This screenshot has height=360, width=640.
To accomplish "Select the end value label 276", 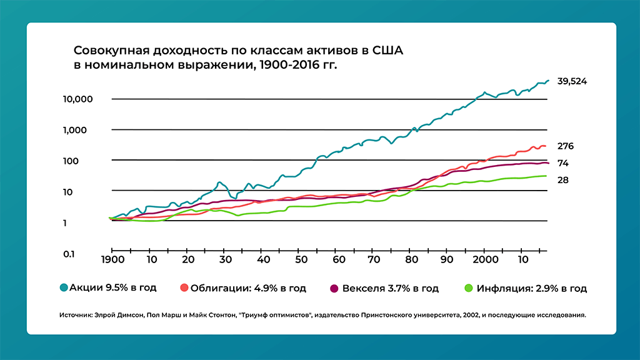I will tap(566, 146).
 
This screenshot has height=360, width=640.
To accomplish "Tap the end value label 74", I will tap(563, 163).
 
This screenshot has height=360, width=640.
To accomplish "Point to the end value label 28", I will tap(563, 181).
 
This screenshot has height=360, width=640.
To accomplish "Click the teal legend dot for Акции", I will tap(64, 288).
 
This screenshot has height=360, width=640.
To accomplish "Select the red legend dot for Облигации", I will tap(184, 288).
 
